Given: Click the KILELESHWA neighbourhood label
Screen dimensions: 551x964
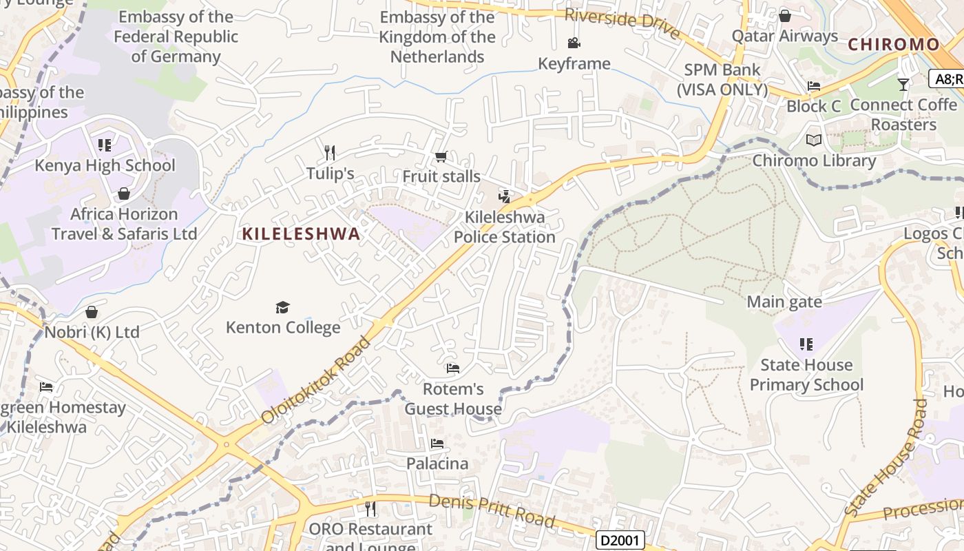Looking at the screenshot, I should coord(301,234).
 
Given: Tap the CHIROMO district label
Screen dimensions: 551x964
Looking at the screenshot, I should coord(893,45).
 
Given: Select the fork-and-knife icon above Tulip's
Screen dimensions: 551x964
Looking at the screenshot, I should coord(330,152).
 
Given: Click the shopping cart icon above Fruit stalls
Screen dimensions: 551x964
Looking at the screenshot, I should coord(441,157).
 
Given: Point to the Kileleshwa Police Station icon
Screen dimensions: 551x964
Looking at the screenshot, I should coord(505,197).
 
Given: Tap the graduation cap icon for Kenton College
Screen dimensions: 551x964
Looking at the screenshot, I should coord(282,307).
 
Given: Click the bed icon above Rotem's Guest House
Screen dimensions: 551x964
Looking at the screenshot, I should coord(452,368).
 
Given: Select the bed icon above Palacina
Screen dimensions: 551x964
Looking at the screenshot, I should coord(437,444).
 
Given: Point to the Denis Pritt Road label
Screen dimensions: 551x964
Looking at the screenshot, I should coord(492,510).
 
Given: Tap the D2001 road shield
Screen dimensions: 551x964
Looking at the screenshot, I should coord(620,540).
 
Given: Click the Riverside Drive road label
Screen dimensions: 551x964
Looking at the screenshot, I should coord(622,23).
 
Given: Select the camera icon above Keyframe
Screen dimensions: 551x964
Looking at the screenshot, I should coord(574,43).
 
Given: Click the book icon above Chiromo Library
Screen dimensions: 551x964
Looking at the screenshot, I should coord(814,141).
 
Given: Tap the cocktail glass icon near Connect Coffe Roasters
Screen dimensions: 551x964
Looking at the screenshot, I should coord(903,85).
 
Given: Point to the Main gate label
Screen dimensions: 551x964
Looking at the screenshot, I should coord(784,302).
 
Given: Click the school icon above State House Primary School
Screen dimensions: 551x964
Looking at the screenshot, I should coord(806,344).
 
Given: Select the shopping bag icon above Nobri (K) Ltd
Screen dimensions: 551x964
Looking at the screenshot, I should coord(92,313).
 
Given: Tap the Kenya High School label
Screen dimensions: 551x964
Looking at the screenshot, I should coord(105,165).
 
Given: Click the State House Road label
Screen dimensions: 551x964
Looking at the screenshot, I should coord(888,459).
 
